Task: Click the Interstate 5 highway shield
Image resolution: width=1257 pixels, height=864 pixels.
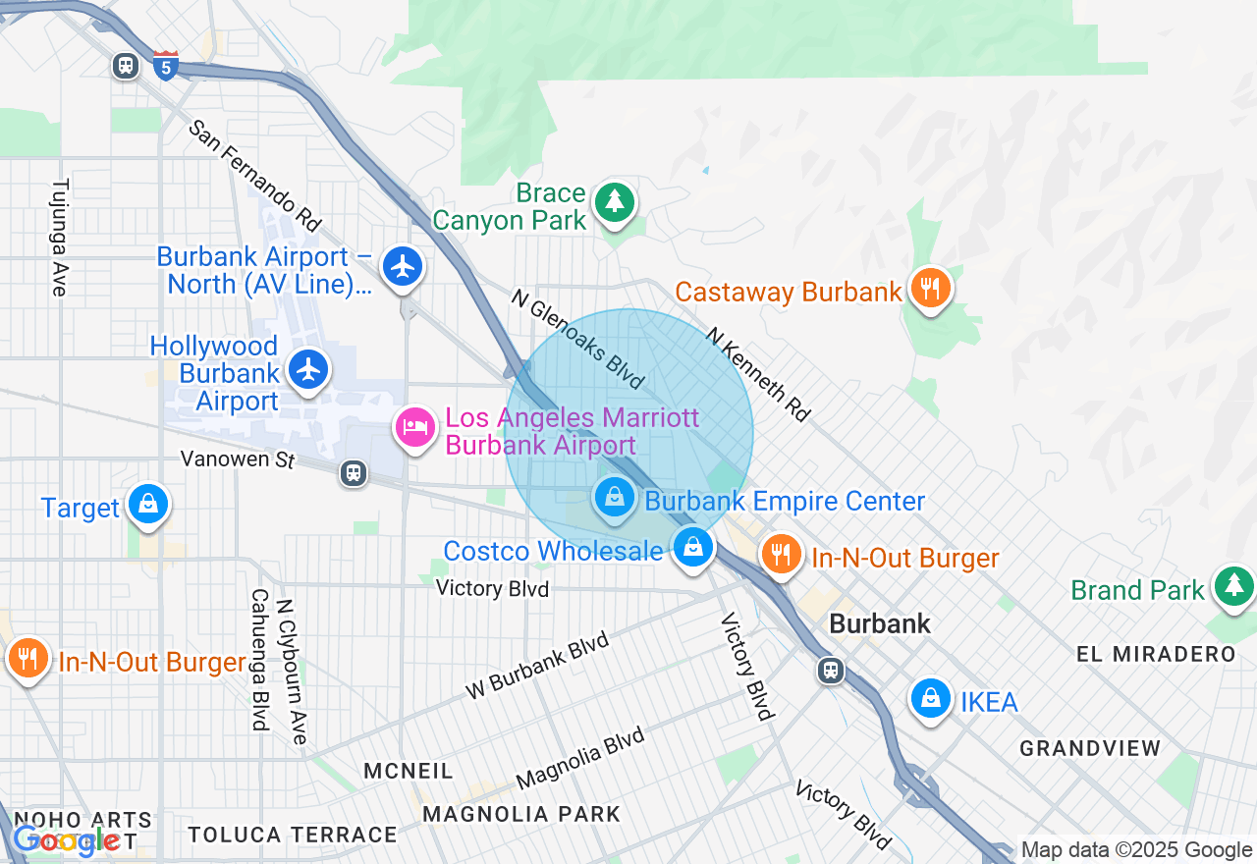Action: click(166, 65)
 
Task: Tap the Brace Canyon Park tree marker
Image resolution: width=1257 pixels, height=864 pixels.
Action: click(615, 202)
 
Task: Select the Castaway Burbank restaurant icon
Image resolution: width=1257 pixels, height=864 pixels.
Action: click(929, 289)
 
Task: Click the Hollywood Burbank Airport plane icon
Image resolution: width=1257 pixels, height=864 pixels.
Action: click(309, 370)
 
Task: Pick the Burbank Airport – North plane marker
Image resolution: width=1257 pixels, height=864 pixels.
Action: click(402, 266)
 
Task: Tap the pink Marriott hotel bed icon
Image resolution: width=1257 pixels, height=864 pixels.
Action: click(415, 427)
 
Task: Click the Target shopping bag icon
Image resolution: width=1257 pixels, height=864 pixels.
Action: click(148, 505)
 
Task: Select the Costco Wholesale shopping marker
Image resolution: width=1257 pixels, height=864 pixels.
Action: click(693, 546)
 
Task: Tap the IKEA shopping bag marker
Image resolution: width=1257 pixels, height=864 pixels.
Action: click(929, 699)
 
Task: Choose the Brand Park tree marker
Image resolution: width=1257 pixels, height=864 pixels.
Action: click(1232, 586)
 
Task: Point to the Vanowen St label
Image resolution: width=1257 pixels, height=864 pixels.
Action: click(238, 459)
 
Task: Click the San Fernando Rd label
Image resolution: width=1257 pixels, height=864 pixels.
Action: click(255, 176)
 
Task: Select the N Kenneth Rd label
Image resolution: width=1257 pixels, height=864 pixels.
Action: click(758, 374)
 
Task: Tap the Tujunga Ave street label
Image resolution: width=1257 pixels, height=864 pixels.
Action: click(60, 237)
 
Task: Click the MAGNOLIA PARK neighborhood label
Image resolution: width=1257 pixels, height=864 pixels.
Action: click(521, 814)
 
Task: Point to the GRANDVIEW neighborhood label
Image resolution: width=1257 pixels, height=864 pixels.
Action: click(1090, 748)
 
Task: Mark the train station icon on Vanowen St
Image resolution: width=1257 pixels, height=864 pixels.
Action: click(354, 473)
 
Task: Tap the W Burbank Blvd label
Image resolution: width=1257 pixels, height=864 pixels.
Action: click(537, 667)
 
